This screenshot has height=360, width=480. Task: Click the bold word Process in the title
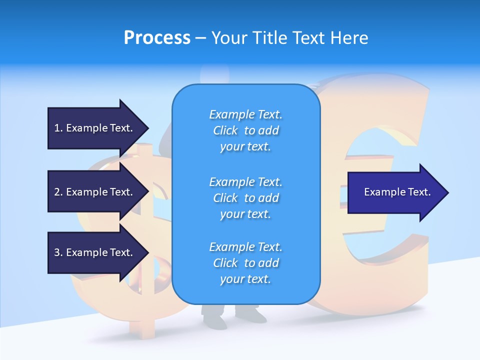pyautogui.click(x=157, y=38)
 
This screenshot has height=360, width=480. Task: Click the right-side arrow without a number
pyautogui.click(x=397, y=192)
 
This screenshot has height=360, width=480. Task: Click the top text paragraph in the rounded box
pyautogui.click(x=245, y=130)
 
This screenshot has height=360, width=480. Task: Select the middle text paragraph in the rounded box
pyautogui.click(x=245, y=198)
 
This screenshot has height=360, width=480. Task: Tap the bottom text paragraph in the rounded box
pyautogui.click(x=245, y=263)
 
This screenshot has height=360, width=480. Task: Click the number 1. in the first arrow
pyautogui.click(x=58, y=128)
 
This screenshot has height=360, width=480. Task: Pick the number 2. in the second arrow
pyautogui.click(x=58, y=192)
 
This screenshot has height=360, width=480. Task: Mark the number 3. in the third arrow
pyautogui.click(x=58, y=252)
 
